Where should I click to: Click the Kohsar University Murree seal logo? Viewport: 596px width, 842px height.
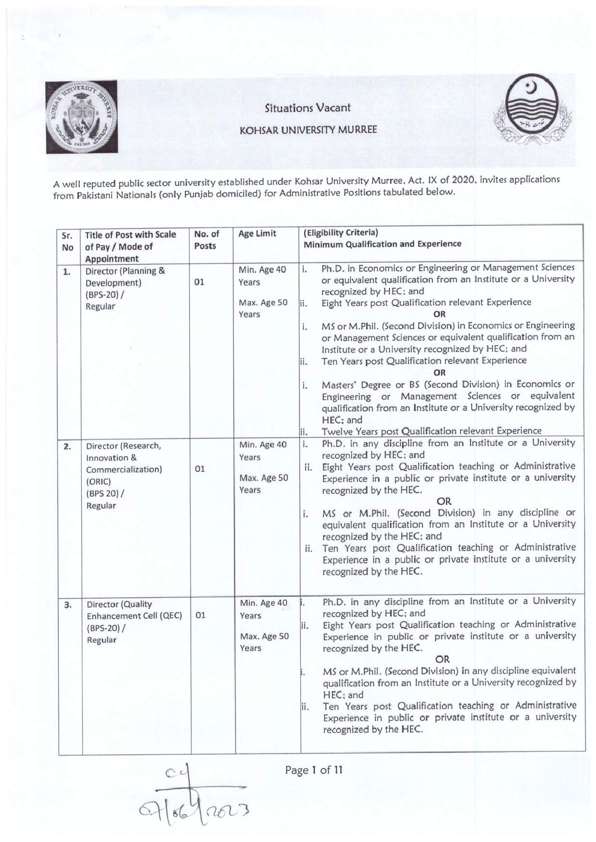coord(82,118)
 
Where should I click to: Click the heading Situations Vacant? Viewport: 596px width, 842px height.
coord(308,108)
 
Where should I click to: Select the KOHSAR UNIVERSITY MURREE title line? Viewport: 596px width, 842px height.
coord(308,130)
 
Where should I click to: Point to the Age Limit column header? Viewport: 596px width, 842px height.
coord(257,234)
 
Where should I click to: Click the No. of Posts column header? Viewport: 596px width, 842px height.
coord(206,240)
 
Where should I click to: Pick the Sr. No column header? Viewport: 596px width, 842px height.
coord(68,241)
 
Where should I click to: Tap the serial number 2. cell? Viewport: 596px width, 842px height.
coord(67,446)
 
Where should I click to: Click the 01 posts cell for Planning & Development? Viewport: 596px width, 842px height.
coord(199,282)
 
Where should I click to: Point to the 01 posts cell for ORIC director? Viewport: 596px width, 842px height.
coord(200,469)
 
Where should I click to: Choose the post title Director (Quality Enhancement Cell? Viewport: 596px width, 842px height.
coord(134,610)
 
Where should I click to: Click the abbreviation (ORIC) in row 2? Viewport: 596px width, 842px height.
coord(99,481)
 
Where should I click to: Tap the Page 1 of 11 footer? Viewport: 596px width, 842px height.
coord(313,770)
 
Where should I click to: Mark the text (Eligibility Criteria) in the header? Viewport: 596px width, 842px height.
coord(341,233)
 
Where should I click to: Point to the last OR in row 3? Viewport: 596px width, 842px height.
coord(442,659)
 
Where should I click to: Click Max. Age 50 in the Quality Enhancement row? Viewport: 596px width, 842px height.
coord(264,637)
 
